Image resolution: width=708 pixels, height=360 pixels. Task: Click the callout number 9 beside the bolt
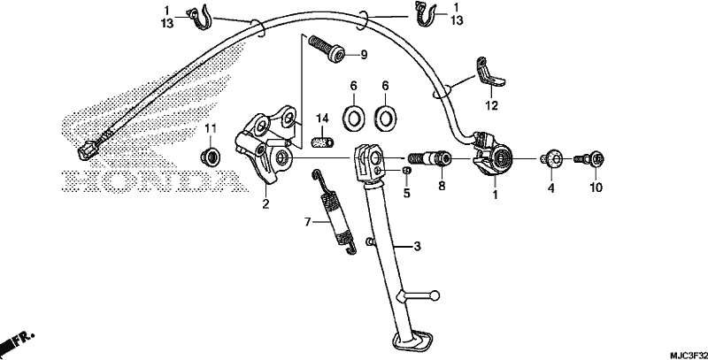click(364, 55)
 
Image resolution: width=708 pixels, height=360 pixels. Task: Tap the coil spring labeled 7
click(335, 211)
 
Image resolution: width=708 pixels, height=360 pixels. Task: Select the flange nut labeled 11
click(210, 156)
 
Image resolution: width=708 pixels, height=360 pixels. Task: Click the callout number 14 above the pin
click(322, 119)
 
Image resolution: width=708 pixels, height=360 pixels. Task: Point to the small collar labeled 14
click(322, 142)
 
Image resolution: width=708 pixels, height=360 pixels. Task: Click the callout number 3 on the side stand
click(417, 246)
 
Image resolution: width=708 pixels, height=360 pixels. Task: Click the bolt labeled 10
click(589, 159)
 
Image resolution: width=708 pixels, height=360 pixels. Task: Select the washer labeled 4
click(551, 159)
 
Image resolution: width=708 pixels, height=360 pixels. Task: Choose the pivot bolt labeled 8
click(429, 159)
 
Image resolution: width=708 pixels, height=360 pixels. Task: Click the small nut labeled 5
click(406, 170)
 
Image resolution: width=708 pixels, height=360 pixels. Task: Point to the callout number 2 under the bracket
click(265, 204)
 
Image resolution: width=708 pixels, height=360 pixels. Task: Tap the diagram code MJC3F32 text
click(689, 356)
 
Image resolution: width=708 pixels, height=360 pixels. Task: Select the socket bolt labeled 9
click(326, 49)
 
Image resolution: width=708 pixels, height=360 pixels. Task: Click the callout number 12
click(492, 105)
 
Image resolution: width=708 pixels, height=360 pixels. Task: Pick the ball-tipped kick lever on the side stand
click(418, 296)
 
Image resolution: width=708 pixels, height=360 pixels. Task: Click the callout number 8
click(442, 186)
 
